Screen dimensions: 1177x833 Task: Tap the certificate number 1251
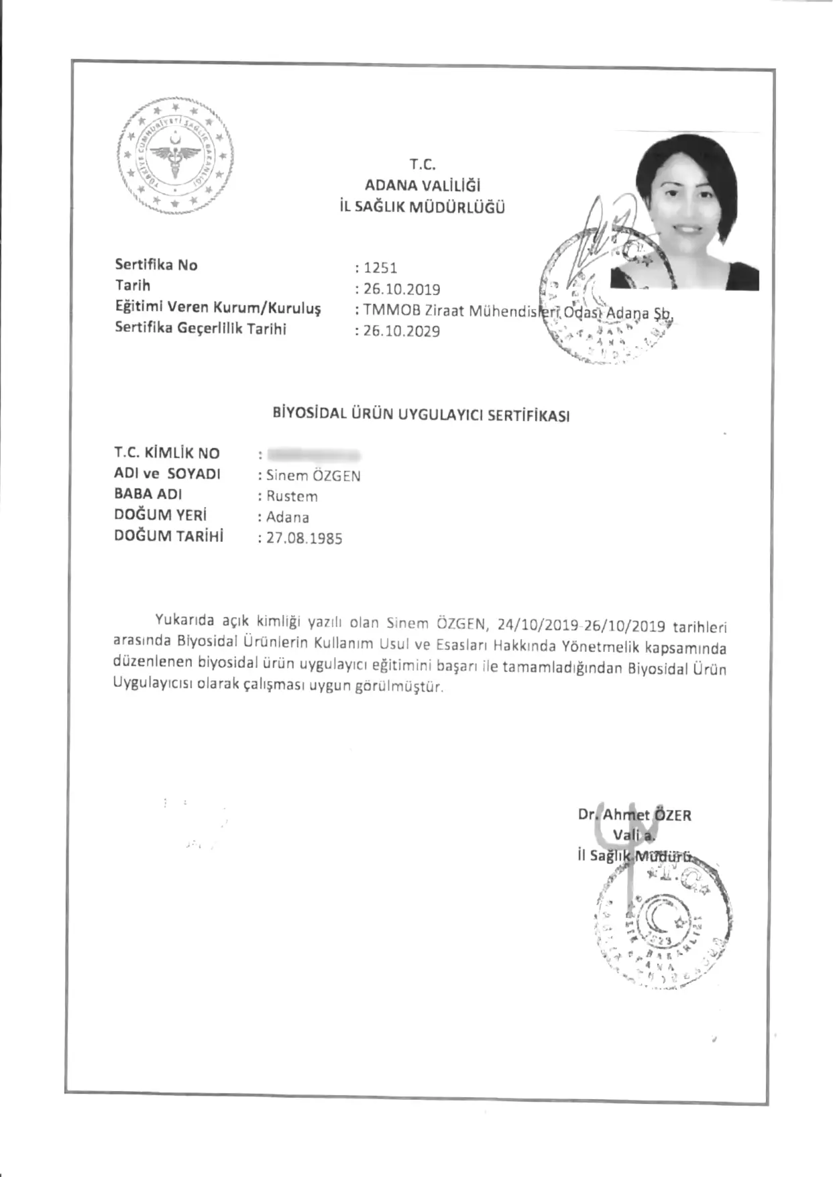tap(381, 268)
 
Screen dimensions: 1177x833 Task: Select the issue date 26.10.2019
tap(402, 290)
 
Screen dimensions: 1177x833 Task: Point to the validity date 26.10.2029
tap(402, 331)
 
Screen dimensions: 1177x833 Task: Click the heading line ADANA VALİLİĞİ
tap(423, 186)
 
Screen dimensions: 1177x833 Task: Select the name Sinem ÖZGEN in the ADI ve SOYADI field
tap(313, 475)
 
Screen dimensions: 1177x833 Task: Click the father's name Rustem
tap(292, 496)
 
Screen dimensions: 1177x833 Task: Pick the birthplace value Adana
tap(288, 517)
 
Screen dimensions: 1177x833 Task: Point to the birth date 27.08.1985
tap(304, 539)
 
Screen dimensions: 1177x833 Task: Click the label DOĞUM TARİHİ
tap(168, 536)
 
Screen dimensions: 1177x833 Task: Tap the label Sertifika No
tap(156, 265)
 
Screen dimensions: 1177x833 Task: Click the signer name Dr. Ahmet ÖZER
tap(634, 816)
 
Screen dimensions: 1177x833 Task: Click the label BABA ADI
tap(148, 494)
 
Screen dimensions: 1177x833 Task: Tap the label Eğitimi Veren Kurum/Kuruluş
tap(217, 308)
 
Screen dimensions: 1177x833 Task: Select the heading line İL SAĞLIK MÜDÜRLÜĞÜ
tap(423, 207)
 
